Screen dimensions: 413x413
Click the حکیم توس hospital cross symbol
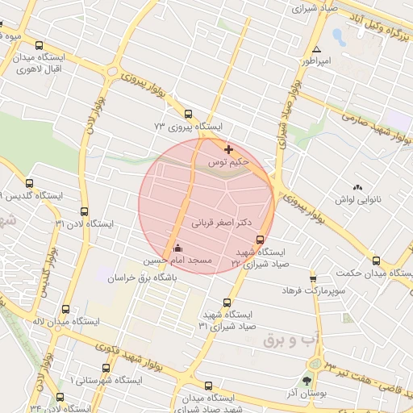coord(229,149)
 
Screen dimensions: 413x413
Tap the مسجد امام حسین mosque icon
coord(178,248)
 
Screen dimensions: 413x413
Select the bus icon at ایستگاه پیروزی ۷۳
coord(189,114)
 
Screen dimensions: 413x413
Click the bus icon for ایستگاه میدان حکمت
coord(377,261)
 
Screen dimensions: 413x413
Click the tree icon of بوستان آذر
coord(307,380)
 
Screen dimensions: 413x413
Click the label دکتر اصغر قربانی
coord(221,220)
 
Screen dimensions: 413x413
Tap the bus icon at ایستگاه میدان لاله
coord(65,308)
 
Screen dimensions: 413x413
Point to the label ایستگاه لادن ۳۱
coord(85,223)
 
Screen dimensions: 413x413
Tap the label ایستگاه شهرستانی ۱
coord(106,379)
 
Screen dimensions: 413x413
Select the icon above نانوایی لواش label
coord(357,186)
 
